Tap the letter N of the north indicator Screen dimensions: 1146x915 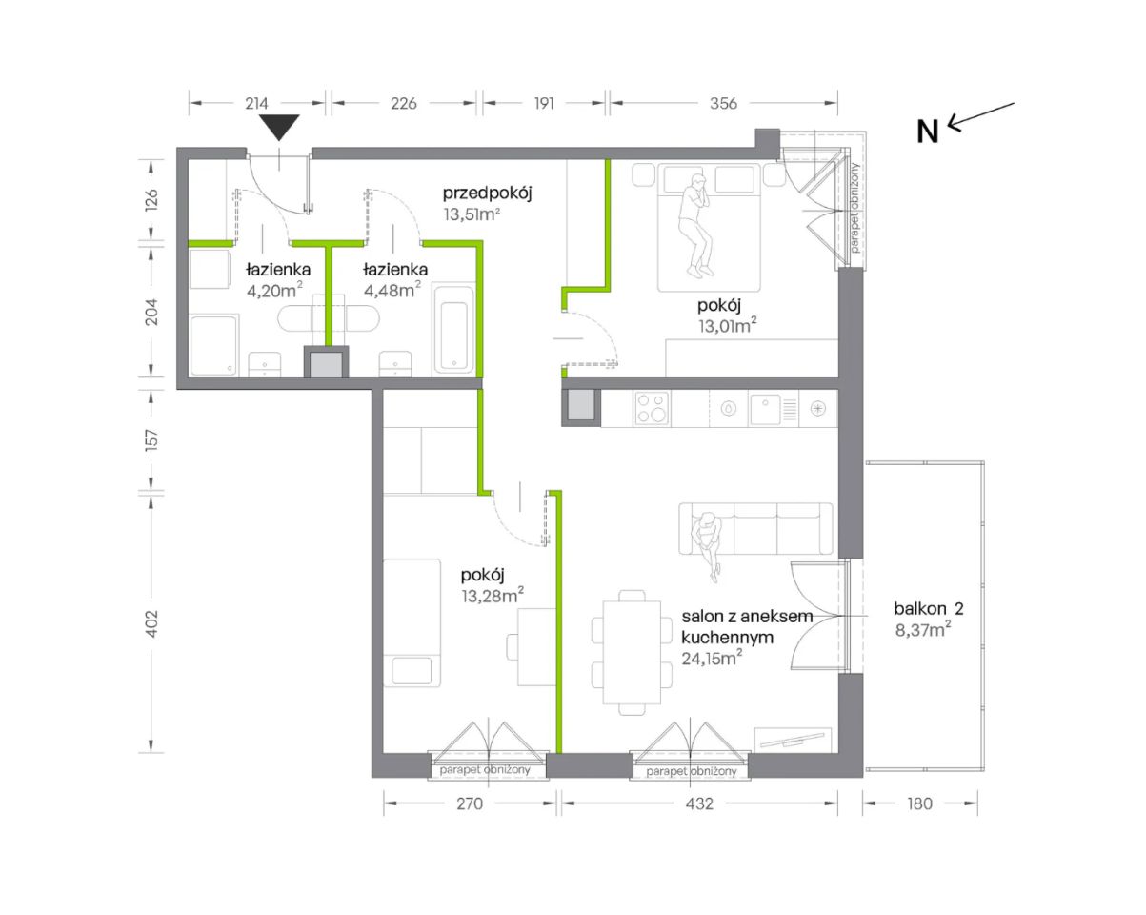(927, 132)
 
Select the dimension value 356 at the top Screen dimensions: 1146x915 (723, 103)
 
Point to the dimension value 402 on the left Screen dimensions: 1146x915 (151, 623)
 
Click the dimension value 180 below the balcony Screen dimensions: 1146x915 (919, 803)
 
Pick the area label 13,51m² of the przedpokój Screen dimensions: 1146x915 (472, 214)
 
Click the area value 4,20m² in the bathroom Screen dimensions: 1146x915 (274, 291)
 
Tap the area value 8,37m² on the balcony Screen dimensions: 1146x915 (923, 630)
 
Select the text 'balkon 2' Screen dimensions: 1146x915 (929, 609)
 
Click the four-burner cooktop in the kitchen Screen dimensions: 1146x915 (653, 409)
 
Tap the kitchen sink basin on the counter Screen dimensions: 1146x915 (765, 409)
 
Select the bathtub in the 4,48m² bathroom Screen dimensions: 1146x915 (453, 330)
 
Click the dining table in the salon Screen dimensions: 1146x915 (632, 652)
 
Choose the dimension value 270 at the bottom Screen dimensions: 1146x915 (469, 803)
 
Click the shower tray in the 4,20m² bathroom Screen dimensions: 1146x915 (213, 345)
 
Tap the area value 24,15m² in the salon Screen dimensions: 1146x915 (712, 659)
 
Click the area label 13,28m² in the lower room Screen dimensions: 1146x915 (493, 596)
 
